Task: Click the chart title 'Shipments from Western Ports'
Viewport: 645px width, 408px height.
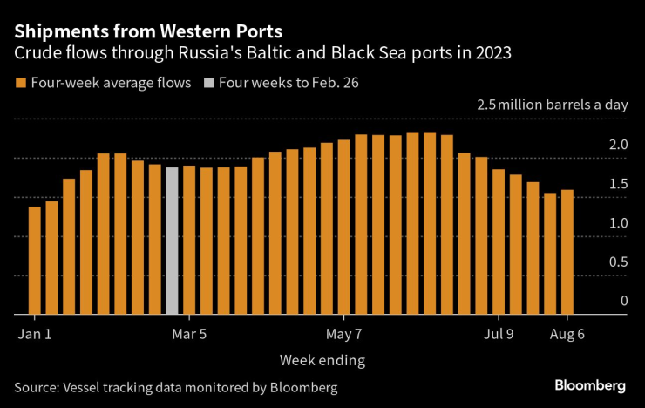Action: point(147,31)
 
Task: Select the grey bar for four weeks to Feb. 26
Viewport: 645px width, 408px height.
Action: point(172,241)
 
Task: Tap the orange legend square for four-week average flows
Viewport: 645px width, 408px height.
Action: point(20,84)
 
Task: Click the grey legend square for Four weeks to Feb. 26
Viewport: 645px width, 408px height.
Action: point(209,84)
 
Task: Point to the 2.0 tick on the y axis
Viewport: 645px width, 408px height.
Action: point(618,145)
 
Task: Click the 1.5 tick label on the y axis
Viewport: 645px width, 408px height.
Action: point(618,184)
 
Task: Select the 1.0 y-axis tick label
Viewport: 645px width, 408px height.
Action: point(618,223)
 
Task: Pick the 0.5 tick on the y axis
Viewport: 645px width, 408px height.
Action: point(618,262)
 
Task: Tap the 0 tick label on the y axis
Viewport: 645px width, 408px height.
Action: point(623,302)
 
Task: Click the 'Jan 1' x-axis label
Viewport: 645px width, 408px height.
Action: point(35,334)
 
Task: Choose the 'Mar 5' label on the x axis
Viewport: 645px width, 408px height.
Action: point(189,334)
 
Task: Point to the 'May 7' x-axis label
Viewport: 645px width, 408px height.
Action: point(344,334)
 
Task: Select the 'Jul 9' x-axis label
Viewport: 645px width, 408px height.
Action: point(499,334)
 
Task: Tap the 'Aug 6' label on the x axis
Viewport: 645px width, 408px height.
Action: point(567,334)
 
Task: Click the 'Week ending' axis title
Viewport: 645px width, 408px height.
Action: point(322,360)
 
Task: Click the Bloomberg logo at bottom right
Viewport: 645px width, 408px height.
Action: point(591,385)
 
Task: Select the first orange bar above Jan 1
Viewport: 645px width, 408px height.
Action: point(35,260)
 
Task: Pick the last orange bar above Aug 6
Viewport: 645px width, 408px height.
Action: point(567,252)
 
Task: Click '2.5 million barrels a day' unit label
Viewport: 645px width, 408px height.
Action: point(552,105)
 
